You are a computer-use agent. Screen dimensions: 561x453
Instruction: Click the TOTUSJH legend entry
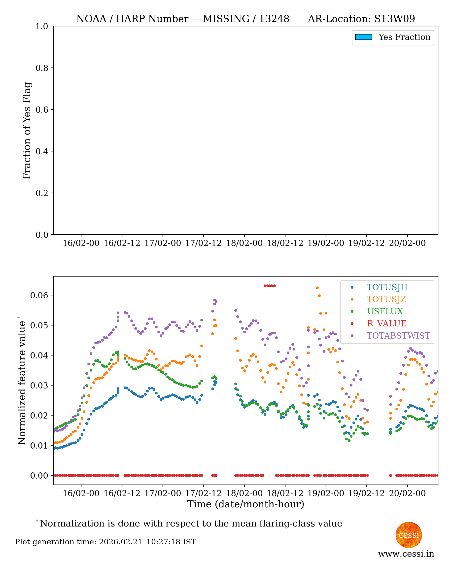387,287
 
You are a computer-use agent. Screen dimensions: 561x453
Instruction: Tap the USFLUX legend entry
385,311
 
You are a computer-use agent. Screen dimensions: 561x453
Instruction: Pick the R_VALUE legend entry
386,323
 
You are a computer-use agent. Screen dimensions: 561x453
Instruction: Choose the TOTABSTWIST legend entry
398,336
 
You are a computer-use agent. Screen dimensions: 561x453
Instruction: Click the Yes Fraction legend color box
363,37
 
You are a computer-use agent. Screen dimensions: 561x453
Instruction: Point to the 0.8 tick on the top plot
42,68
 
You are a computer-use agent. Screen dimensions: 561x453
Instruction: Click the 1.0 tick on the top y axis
42,26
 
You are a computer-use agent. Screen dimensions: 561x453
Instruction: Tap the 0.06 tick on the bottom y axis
39,295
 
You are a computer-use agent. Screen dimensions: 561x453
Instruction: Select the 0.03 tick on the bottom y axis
39,386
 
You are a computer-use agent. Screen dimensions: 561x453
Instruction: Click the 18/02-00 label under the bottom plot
244,493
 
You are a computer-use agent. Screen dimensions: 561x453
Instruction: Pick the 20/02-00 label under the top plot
407,243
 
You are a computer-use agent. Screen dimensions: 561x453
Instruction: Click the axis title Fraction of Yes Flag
27,131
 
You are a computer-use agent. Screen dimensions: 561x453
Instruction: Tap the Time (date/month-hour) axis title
245,504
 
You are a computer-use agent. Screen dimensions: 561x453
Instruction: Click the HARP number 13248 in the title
274,19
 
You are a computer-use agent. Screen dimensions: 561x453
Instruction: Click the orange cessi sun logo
409,535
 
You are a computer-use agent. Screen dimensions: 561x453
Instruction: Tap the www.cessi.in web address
406,554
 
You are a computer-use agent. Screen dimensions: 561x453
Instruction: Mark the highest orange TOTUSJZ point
317,288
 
